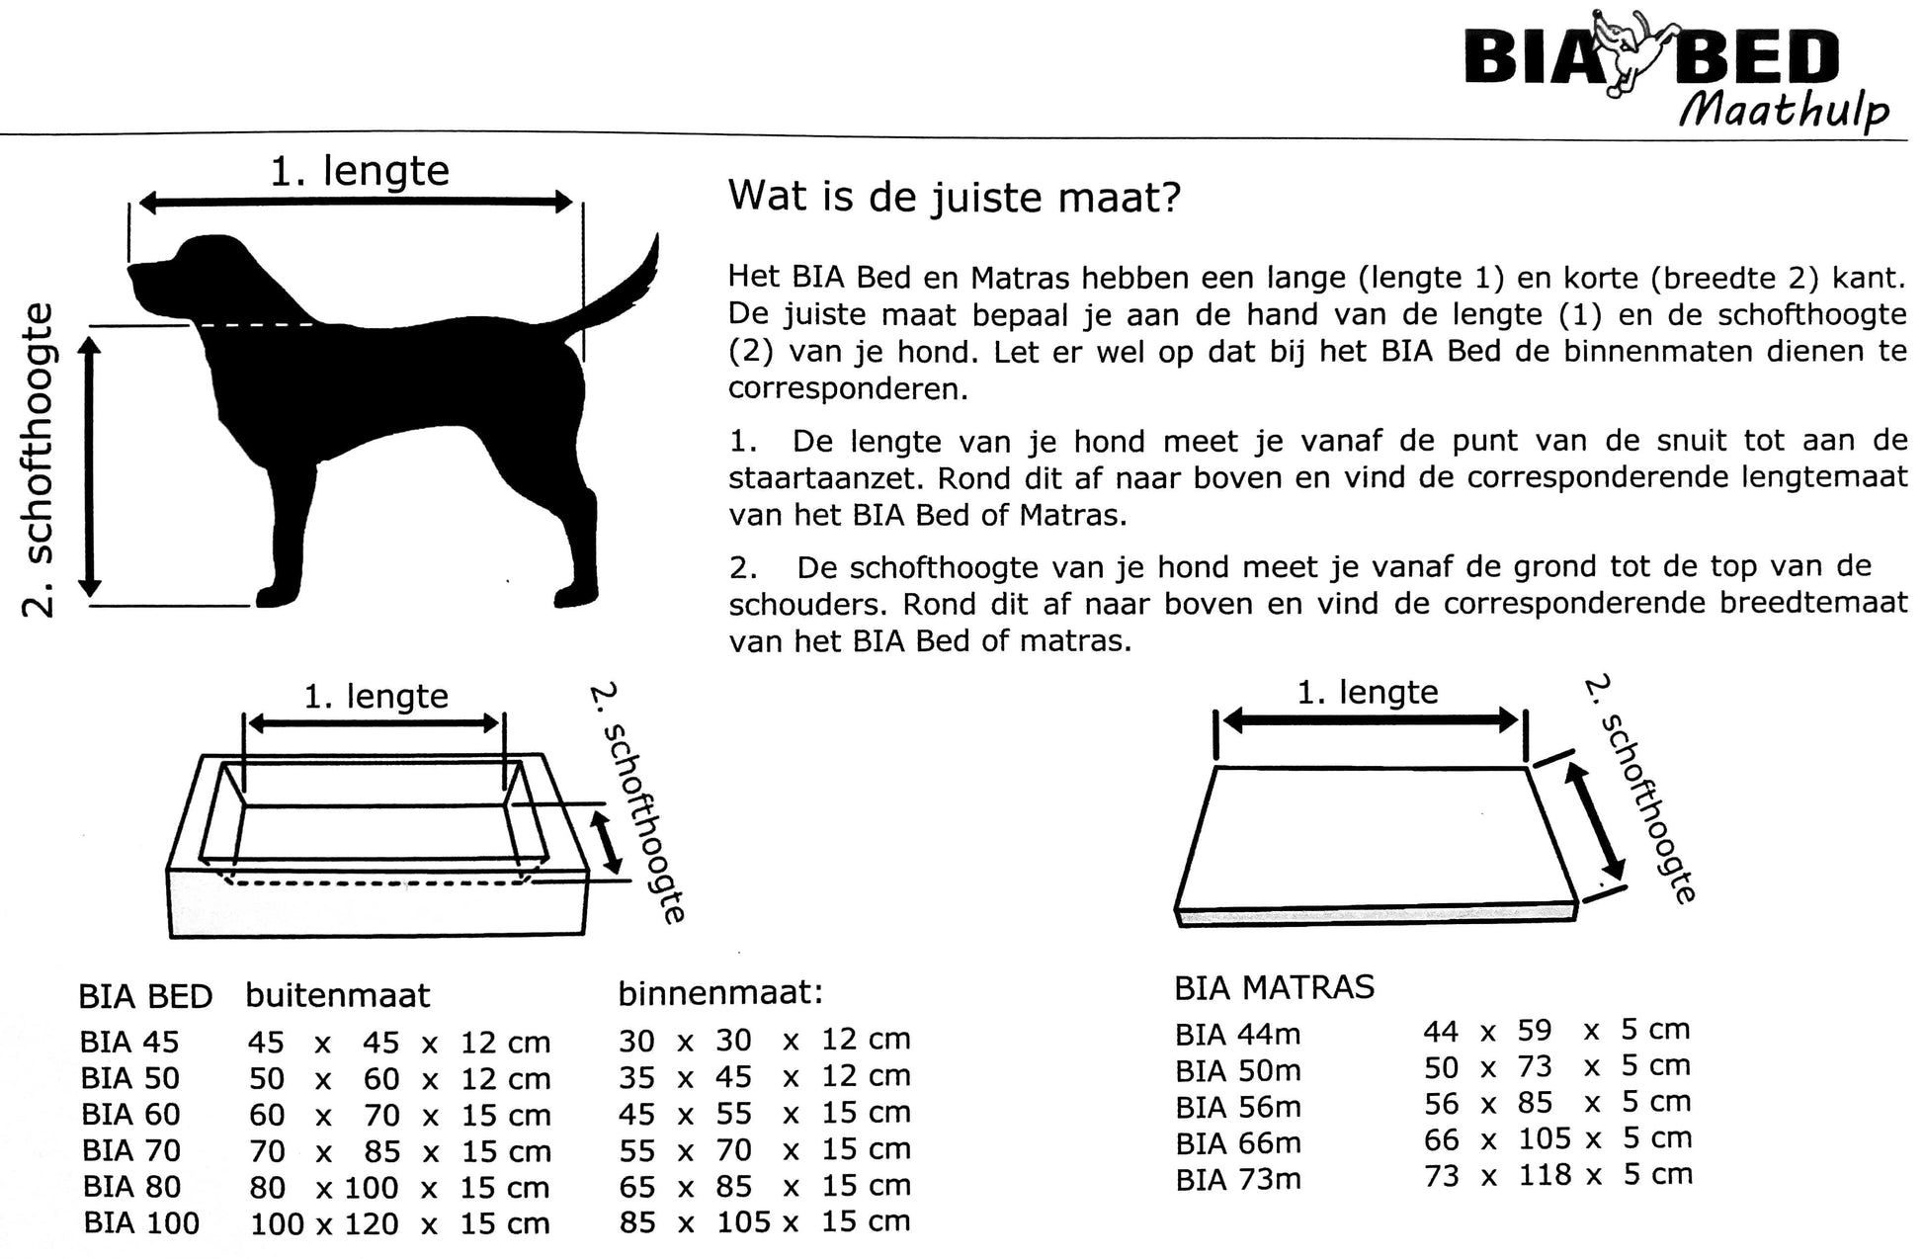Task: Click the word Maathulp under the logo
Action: [x=1784, y=110]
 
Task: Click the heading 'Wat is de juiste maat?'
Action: [x=954, y=197]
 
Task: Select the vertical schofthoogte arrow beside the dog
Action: [x=90, y=465]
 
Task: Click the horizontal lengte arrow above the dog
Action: [x=356, y=203]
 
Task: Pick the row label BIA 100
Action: [x=141, y=1223]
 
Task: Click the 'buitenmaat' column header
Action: [x=338, y=995]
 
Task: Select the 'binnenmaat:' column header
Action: [x=720, y=992]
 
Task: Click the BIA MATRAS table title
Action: [x=1274, y=987]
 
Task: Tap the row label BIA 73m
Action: [x=1238, y=1179]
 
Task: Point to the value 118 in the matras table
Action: [x=1545, y=1175]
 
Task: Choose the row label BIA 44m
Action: [x=1237, y=1035]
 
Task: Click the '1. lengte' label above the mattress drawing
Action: [x=1368, y=692]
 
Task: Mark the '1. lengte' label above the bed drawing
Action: [x=376, y=697]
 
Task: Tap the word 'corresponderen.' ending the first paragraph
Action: [x=848, y=389]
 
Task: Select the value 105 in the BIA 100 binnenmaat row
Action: [x=743, y=1222]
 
